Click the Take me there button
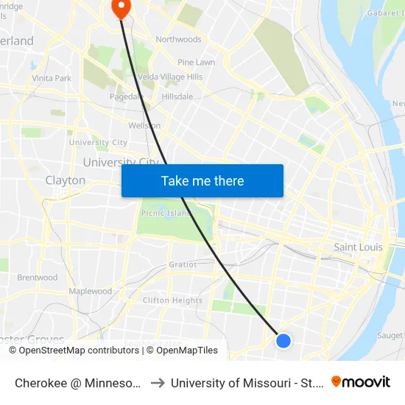pos(202,180)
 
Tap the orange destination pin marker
pos(119,7)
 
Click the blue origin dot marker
pos(283,340)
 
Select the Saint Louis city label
pos(358,247)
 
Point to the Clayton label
pos(66,180)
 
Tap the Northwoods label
pos(178,39)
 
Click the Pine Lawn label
pos(197,63)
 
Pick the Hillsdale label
pos(177,96)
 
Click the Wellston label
pos(144,126)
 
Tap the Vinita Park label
pos(52,78)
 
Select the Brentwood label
pos(38,278)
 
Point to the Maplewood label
pos(91,292)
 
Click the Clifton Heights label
pos(172,300)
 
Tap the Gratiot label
pos(183,264)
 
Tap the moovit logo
pos(360,381)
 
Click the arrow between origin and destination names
pos(158,383)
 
